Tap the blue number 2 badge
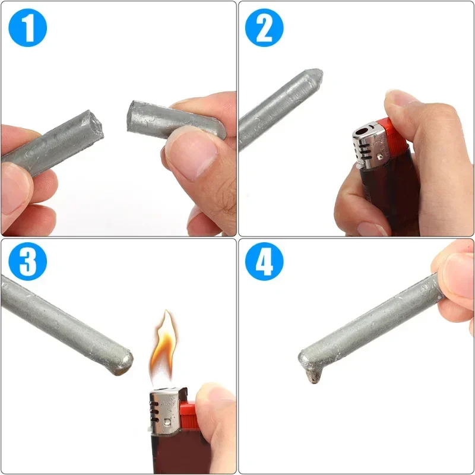tap(264, 27)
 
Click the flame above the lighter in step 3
tap(161, 347)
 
